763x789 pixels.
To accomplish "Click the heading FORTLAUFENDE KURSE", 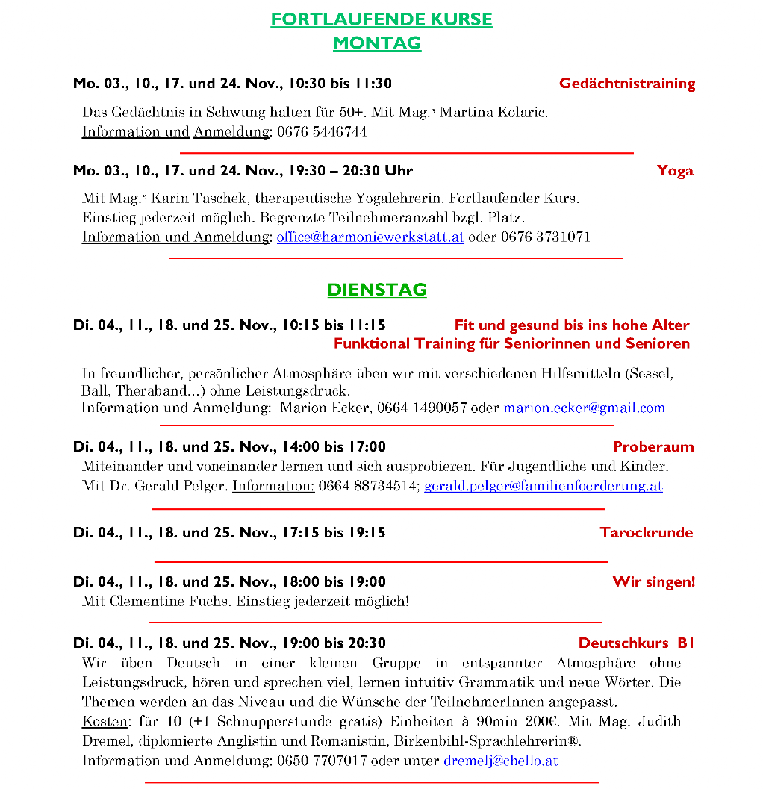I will point(381,19).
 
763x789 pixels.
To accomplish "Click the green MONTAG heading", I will point(377,43).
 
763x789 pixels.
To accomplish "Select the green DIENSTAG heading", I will point(377,290).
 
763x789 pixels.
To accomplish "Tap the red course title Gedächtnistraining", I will point(627,84).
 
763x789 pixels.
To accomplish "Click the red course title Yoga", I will point(675,171).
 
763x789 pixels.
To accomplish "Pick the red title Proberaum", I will point(653,447).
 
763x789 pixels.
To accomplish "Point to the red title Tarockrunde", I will point(647,533).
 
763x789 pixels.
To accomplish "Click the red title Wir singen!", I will point(653,582).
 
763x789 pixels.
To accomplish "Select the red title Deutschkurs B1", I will point(637,643).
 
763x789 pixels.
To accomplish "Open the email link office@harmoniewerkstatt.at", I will point(370,237).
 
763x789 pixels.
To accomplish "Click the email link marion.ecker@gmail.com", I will point(585,408).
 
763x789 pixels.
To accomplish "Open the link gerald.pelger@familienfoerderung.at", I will point(544,487).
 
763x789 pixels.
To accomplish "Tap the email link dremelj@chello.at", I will point(501,761).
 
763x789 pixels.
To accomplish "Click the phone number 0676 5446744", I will point(322,132).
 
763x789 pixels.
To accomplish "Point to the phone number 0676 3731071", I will point(546,237).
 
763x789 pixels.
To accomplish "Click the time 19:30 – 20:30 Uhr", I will point(349,171).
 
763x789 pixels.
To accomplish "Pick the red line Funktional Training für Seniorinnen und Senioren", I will point(511,344).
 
